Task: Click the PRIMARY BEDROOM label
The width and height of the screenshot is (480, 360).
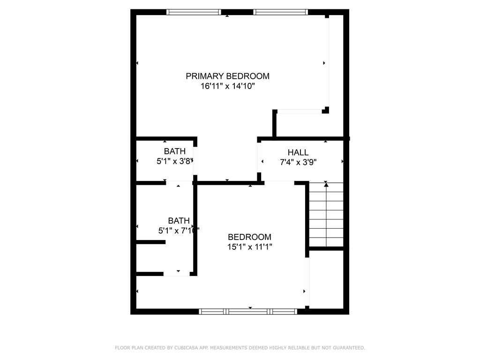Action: [227, 76]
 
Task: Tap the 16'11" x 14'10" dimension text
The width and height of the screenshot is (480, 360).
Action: [227, 86]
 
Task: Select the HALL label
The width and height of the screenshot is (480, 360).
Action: [298, 152]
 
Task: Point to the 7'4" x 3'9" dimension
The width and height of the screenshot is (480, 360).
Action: [298, 162]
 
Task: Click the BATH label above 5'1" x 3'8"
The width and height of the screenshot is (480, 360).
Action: [175, 151]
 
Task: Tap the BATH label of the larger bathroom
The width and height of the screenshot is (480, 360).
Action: [179, 220]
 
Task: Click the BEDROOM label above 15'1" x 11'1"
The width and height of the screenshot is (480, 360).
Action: [249, 237]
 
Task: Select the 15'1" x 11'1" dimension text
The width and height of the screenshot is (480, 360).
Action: [250, 247]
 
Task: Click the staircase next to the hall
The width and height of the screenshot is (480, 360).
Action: [326, 214]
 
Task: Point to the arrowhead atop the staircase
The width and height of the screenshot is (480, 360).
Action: [326, 185]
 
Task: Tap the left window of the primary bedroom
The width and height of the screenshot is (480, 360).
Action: [194, 12]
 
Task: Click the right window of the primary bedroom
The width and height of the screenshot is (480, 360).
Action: [280, 12]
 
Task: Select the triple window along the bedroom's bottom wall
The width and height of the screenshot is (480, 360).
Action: [248, 312]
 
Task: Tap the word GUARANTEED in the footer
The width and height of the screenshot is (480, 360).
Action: [349, 348]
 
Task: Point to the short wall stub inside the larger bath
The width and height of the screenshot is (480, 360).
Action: [151, 242]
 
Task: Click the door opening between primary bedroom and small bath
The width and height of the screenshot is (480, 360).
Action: [195, 161]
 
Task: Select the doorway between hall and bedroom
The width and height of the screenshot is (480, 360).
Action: [279, 183]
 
